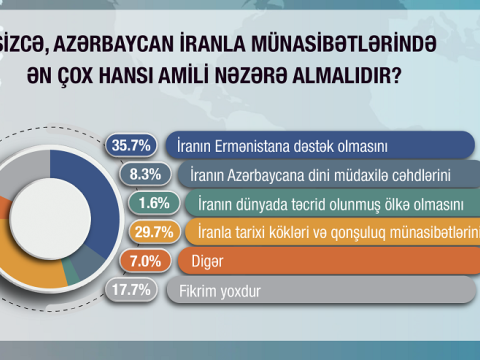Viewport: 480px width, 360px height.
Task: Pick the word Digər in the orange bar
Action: (x=205, y=262)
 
